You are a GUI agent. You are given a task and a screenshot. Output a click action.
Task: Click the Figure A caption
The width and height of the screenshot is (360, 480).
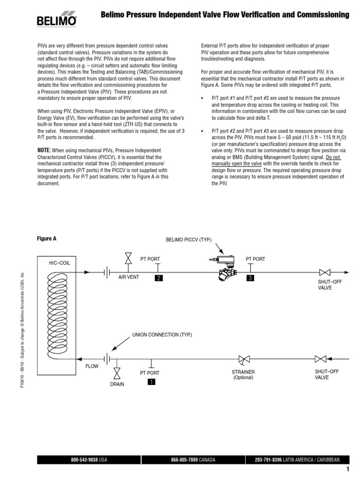pos(47,238)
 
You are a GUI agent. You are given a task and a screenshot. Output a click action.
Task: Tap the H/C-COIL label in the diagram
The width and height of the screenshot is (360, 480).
pos(60,263)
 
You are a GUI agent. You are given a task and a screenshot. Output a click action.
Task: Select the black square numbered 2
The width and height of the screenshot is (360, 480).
pos(159,278)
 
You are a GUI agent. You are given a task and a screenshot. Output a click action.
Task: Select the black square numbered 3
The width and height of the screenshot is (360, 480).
pos(249,278)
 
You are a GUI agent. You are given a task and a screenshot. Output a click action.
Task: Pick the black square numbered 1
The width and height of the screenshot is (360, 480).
pos(151,382)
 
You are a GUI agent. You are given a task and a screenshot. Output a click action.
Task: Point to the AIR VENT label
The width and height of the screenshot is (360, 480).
pos(128,277)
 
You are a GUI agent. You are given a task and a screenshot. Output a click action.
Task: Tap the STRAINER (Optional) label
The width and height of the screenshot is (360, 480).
pos(243,375)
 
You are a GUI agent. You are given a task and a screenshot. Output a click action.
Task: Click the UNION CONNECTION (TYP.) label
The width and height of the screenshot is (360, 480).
pos(162,335)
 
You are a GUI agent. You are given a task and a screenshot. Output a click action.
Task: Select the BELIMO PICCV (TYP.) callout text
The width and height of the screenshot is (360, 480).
pos(189,240)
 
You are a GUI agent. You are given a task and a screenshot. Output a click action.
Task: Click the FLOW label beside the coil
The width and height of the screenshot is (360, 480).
pos(91,366)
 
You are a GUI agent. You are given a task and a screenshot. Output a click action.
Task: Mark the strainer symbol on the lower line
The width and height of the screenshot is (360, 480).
pos(243,360)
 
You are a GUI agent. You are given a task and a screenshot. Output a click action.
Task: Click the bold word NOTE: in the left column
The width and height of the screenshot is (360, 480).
pos(46,150)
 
